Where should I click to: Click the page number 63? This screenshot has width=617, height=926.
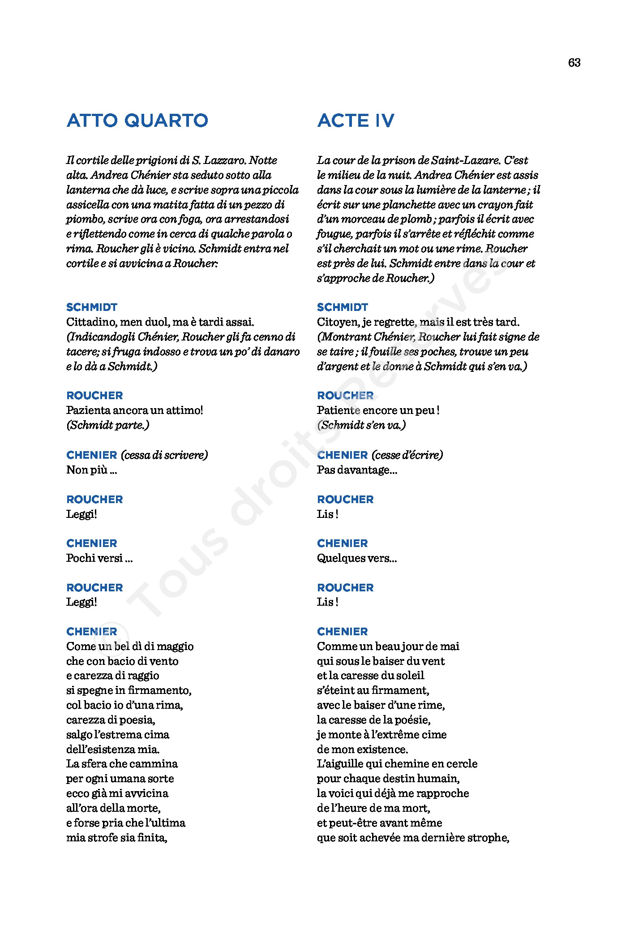(x=574, y=63)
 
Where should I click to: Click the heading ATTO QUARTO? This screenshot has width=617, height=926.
(x=137, y=121)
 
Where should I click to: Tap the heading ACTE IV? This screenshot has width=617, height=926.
(x=356, y=121)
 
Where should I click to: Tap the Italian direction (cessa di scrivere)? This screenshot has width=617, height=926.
(x=164, y=455)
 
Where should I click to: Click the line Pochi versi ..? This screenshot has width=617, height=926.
(x=99, y=558)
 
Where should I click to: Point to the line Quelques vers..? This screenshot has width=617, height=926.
(x=357, y=558)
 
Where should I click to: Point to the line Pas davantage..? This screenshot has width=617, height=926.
(x=357, y=470)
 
